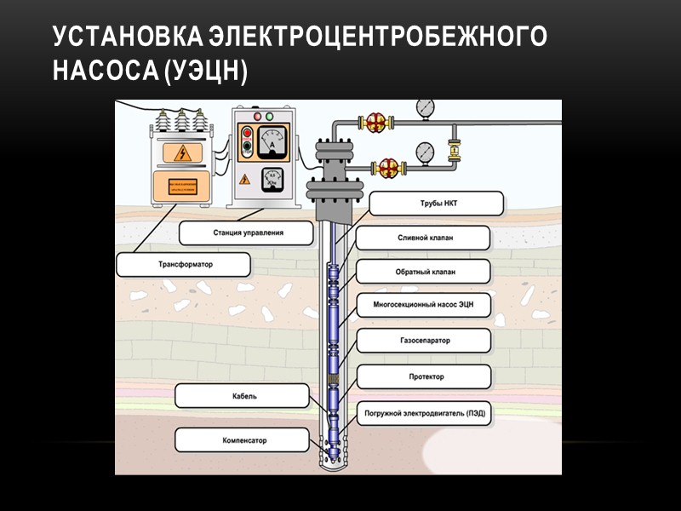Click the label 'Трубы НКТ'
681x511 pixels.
click(437, 204)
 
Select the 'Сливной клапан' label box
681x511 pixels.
click(422, 238)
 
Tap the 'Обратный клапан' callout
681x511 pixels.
click(422, 272)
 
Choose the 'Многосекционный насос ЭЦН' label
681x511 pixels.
click(422, 305)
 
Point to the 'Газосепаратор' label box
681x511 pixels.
click(422, 341)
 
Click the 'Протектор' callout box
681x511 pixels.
click(422, 376)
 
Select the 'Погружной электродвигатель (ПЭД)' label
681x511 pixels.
click(423, 412)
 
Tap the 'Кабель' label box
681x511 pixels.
click(240, 395)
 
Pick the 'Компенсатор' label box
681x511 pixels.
click(240, 439)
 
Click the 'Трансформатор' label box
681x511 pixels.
click(183, 264)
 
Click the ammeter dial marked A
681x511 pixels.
click(272, 141)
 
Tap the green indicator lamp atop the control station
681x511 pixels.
click(270, 115)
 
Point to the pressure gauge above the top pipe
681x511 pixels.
click(425, 108)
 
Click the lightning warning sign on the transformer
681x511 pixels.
click(187, 153)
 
